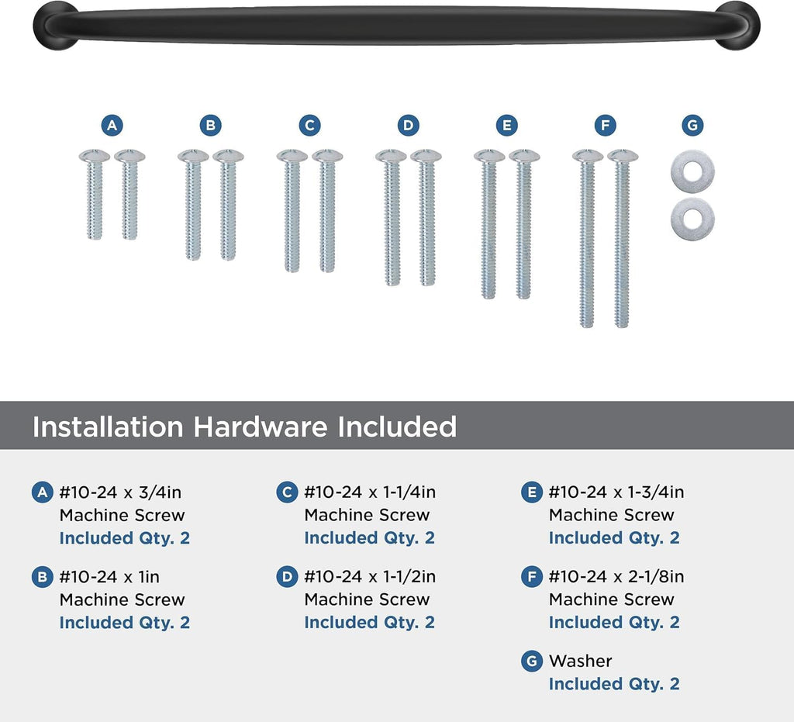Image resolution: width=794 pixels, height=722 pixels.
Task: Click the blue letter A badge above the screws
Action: [112, 125]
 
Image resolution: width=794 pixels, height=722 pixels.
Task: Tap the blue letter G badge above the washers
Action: [692, 125]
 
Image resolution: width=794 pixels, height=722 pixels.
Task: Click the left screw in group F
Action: [588, 238]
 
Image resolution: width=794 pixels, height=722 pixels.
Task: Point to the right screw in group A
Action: [129, 195]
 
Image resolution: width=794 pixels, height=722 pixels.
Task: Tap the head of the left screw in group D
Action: [391, 155]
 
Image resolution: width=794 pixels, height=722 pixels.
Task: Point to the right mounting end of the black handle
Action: [738, 26]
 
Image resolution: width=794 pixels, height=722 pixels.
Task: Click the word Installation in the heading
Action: [108, 427]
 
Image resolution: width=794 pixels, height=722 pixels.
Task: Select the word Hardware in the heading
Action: [261, 427]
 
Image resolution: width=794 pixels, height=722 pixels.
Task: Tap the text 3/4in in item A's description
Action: [160, 492]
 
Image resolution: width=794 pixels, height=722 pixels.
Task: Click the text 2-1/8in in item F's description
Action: [656, 577]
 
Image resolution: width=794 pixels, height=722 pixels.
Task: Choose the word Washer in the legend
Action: [580, 661]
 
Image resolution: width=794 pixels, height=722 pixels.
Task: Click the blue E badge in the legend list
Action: [532, 492]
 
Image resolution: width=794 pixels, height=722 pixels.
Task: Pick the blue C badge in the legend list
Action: [287, 492]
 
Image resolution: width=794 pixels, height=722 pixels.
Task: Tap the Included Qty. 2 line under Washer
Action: [614, 684]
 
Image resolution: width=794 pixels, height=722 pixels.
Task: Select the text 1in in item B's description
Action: [149, 577]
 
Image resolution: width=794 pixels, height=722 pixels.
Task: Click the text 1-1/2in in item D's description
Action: [409, 577]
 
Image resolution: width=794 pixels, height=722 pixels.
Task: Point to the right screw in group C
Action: [327, 211]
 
